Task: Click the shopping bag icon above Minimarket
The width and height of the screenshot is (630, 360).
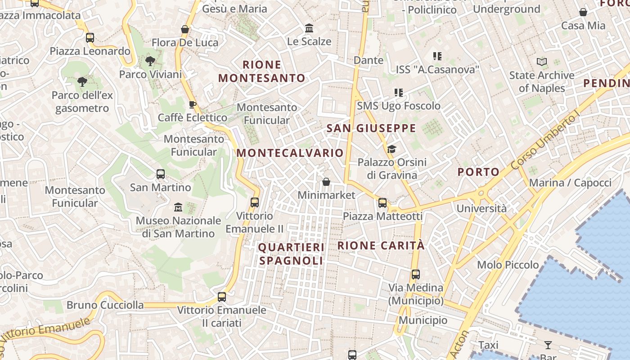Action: pyautogui.click(x=326, y=182)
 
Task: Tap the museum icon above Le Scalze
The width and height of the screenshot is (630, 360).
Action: pyautogui.click(x=309, y=28)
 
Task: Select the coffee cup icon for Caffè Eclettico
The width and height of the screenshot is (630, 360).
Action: pyautogui.click(x=193, y=105)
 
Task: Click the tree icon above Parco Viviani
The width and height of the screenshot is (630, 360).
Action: pyautogui.click(x=150, y=61)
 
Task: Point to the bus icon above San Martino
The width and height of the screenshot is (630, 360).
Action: pyautogui.click(x=160, y=174)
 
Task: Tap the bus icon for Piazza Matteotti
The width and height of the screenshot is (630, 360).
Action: pyautogui.click(x=382, y=203)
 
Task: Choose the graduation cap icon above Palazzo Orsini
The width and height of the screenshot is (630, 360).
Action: pyautogui.click(x=391, y=149)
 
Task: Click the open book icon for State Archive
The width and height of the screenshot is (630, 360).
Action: pyautogui.click(x=542, y=62)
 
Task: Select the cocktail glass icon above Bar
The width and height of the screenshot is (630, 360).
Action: pyautogui.click(x=548, y=345)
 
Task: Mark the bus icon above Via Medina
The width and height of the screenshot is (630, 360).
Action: pyautogui.click(x=416, y=274)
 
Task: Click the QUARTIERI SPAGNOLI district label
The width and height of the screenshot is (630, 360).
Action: pyautogui.click(x=291, y=254)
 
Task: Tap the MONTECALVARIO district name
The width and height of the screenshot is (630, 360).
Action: pyautogui.click(x=290, y=153)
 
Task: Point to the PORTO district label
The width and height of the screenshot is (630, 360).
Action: pyautogui.click(x=478, y=171)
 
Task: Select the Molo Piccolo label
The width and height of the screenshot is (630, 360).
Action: pyautogui.click(x=508, y=265)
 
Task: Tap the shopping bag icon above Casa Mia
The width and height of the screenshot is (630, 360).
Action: pyautogui.click(x=583, y=12)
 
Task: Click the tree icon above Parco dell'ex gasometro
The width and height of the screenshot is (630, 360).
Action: pyautogui.click(x=82, y=82)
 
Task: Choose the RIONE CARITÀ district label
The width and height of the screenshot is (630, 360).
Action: pyautogui.click(x=381, y=245)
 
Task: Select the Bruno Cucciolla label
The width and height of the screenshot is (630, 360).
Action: pyautogui.click(x=105, y=305)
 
